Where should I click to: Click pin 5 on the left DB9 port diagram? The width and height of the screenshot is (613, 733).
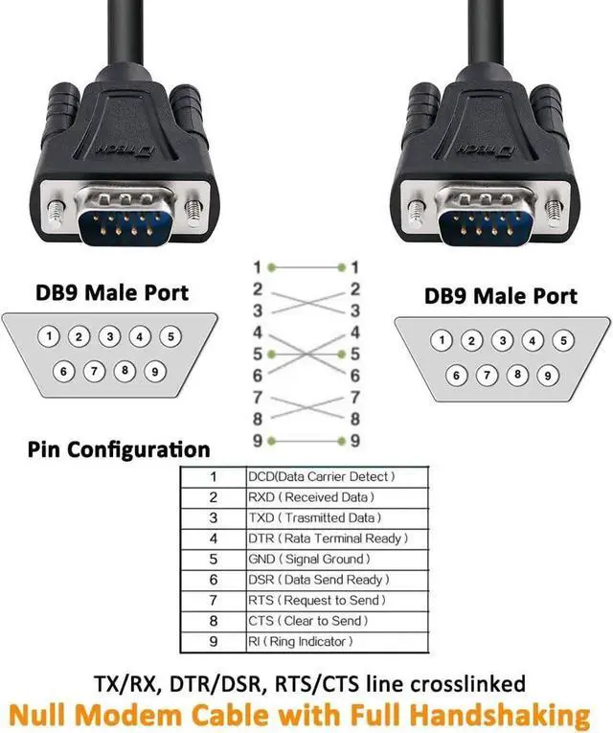coord(170,336)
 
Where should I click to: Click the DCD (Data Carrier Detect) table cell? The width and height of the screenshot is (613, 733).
coord(322,476)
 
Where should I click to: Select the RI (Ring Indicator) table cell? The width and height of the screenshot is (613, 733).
coord(301,641)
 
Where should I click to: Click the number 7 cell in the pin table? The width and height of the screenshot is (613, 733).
coord(213,600)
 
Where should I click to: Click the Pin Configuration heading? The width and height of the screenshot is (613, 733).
coord(119,448)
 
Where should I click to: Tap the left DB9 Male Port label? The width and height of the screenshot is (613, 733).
coord(112,292)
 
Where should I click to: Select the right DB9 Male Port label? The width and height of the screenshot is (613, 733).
coord(501,295)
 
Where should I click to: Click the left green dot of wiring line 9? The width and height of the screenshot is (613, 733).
coord(272,440)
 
